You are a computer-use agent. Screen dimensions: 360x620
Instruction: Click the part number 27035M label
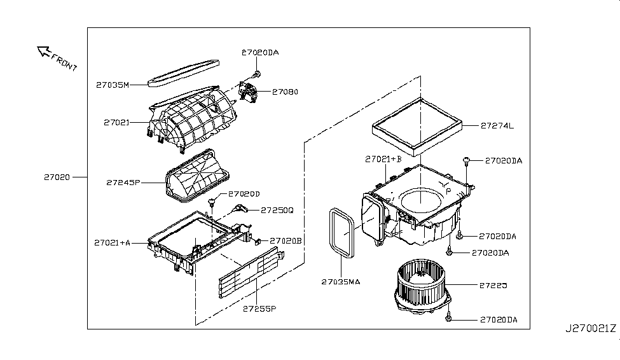click(x=113, y=84)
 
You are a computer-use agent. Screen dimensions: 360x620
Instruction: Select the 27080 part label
click(x=285, y=92)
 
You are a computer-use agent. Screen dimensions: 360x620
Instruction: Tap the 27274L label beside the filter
click(x=498, y=126)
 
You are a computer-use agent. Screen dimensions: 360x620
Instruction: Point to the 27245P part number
click(x=123, y=182)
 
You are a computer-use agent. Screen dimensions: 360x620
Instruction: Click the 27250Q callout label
click(x=277, y=210)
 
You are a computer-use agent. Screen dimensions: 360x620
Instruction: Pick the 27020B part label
click(x=286, y=240)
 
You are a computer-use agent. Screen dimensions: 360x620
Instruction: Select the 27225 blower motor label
click(x=493, y=286)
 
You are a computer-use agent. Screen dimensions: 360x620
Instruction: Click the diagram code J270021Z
click(x=591, y=328)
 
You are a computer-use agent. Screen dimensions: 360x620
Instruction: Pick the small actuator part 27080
click(x=251, y=92)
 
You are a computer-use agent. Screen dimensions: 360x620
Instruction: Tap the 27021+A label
click(x=113, y=242)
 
